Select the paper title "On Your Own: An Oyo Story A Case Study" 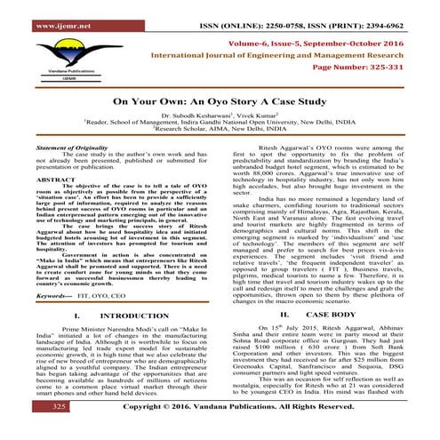coord(219,100)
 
